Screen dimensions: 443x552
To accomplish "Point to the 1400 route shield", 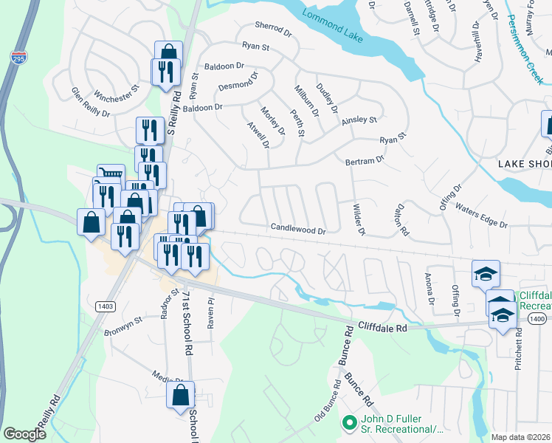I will (x=537, y=318).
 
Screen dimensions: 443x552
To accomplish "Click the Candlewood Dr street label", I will (x=298, y=230).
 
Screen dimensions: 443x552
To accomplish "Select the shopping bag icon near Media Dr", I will (x=181, y=395).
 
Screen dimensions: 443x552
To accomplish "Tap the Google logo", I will (x=25, y=434).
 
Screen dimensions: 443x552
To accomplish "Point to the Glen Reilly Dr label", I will (x=90, y=103).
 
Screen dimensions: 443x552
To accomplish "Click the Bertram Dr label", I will (x=365, y=159).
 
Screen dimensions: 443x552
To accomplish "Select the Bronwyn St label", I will (x=122, y=328).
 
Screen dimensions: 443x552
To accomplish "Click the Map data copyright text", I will (x=521, y=437).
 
